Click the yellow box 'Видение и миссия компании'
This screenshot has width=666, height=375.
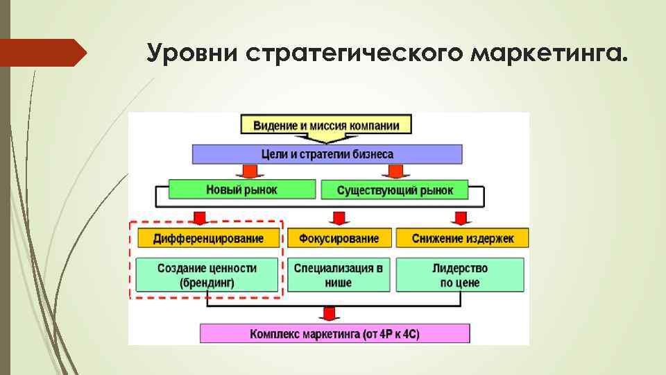325,126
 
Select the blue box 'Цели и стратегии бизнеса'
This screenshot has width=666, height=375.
327,154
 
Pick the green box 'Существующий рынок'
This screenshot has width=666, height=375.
394,189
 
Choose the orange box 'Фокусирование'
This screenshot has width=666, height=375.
339,238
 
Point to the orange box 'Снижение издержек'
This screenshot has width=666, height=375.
462,238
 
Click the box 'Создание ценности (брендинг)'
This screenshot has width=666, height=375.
207,275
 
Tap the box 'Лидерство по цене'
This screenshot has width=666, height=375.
460,275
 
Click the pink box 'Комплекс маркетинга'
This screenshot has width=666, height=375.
334,334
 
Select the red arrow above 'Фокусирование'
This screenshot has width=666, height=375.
339,217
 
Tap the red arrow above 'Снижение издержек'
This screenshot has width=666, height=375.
460,217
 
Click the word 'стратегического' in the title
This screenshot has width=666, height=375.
352,53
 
